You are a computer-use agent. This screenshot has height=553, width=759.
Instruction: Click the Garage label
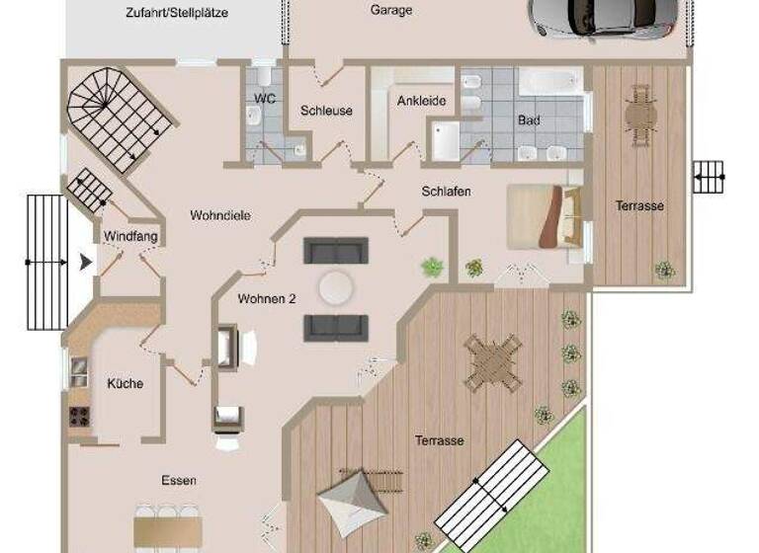tap(391, 11)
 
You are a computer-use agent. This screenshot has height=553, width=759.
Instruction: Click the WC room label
tap(264, 99)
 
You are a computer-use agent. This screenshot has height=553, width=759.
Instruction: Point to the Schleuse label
tap(326, 111)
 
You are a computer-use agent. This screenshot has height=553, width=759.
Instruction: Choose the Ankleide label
tap(422, 101)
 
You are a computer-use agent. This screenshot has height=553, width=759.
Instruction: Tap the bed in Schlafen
tap(544, 216)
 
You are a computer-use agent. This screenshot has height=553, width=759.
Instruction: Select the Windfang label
tap(130, 236)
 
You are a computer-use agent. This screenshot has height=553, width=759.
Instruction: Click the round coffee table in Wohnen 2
tap(336, 288)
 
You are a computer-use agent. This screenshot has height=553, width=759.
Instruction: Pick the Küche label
tap(126, 384)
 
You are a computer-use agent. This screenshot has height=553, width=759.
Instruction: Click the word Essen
tap(179, 481)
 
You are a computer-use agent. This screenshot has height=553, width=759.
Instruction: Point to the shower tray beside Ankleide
tap(445, 139)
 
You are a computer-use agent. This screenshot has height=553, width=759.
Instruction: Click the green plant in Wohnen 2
tap(432, 266)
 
